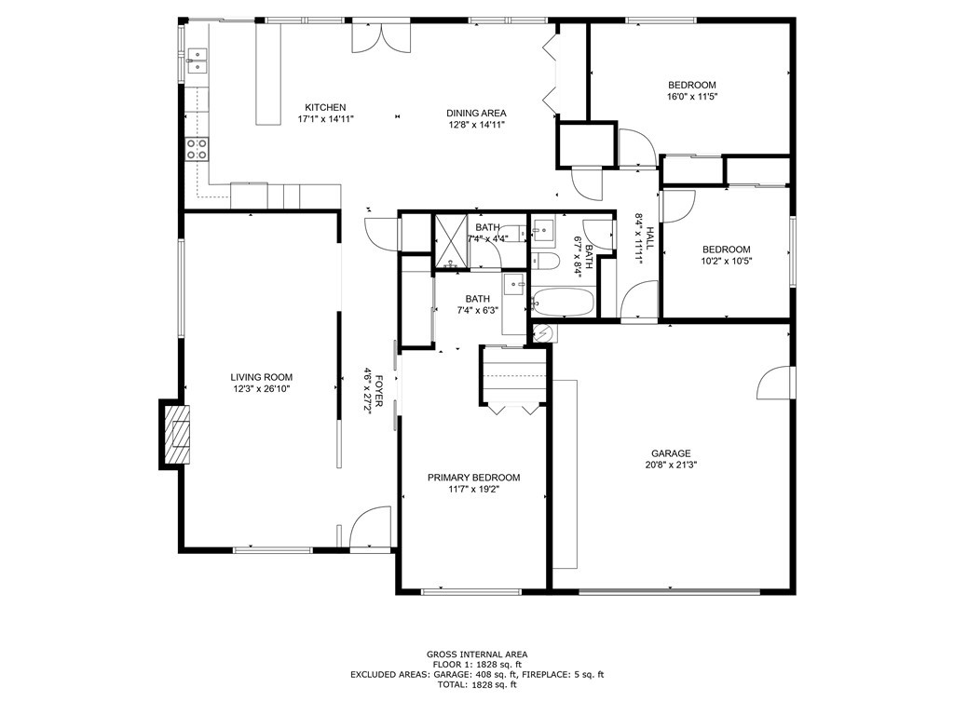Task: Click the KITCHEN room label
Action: point(325,107)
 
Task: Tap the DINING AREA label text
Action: point(475,113)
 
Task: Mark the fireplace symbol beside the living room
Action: point(174,434)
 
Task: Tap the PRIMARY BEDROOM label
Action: point(473,478)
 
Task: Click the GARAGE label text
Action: point(671,453)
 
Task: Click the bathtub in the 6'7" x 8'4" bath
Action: point(562,302)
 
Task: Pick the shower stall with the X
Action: point(452,242)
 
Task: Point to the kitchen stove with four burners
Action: point(197,149)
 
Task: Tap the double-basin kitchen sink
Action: point(197,61)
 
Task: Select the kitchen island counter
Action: point(268,74)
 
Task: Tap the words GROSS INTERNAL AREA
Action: point(477,654)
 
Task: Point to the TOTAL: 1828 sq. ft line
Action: point(477,684)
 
